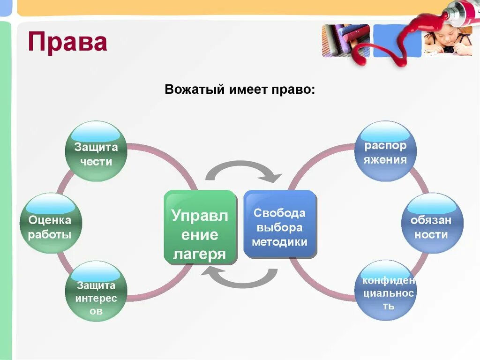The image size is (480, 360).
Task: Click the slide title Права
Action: click(x=67, y=42)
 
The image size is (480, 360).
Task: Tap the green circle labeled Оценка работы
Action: click(x=51, y=224)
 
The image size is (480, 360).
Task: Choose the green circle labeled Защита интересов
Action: click(x=96, y=292)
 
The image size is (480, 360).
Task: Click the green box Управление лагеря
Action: click(x=200, y=228)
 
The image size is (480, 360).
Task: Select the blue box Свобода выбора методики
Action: click(x=280, y=224)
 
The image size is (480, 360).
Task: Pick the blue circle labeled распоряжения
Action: click(x=385, y=151)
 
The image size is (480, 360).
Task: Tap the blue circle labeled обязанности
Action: click(x=432, y=224)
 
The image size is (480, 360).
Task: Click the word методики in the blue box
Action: click(x=279, y=242)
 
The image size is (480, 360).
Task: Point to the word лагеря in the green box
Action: click(x=200, y=254)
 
